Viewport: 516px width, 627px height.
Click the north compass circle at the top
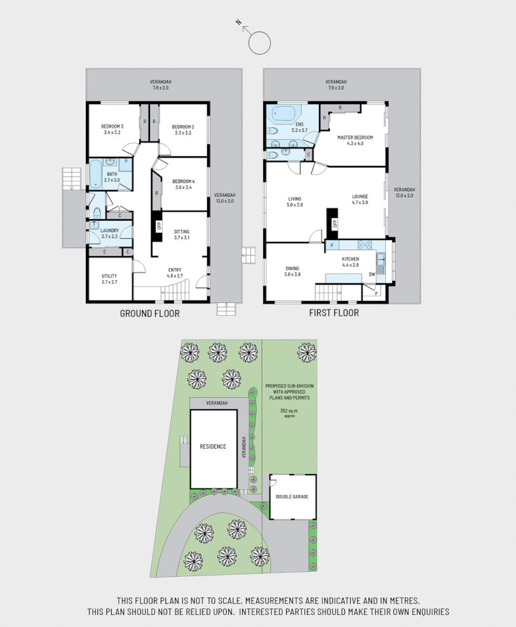259,43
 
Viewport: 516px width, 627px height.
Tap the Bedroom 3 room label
112,127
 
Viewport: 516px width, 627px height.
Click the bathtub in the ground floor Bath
95,174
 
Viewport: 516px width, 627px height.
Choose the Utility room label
109,275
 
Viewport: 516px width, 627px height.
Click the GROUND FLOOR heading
150,313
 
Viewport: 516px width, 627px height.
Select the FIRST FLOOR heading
334,313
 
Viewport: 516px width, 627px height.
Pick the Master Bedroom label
355,137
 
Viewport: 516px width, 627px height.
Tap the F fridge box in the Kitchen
332,245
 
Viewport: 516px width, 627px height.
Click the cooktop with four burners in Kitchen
365,244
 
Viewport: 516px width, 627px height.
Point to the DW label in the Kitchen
372,274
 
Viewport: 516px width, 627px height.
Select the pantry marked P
377,293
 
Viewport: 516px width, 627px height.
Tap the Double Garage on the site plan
292,496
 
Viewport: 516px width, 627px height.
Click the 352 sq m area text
289,411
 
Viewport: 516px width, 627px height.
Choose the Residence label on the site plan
213,447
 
